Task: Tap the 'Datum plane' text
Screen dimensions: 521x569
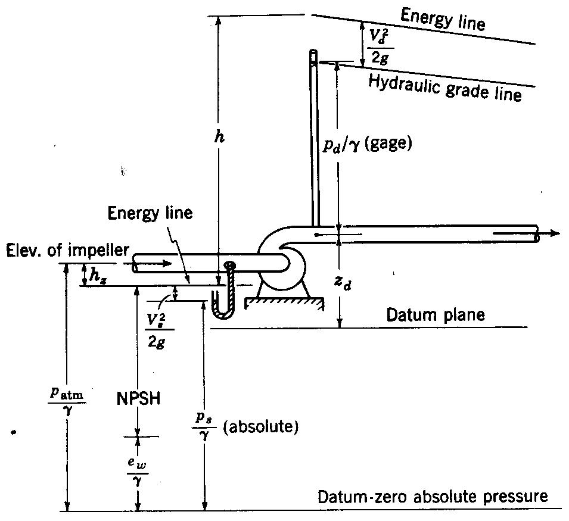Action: [x=436, y=314]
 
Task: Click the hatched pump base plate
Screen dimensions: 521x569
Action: [x=285, y=304]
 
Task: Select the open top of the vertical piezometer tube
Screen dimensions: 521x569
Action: [x=313, y=54]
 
